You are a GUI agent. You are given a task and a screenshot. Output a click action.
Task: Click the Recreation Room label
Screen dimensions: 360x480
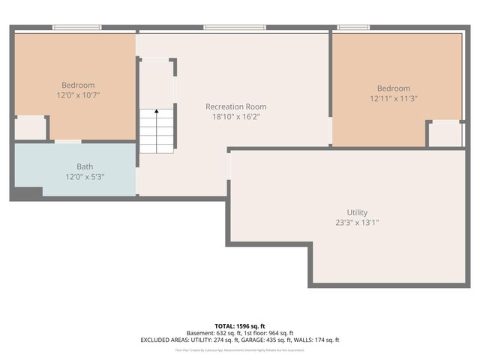pyautogui.click(x=235, y=106)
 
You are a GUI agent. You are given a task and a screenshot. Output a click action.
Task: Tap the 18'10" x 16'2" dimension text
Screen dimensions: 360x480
pyautogui.click(x=235, y=117)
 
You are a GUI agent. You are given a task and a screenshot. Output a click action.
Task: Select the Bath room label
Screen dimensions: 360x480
pyautogui.click(x=85, y=166)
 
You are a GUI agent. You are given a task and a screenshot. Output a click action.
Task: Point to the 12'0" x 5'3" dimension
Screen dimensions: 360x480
pyautogui.click(x=85, y=177)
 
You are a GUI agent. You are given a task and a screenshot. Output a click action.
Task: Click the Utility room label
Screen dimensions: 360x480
pyautogui.click(x=357, y=212)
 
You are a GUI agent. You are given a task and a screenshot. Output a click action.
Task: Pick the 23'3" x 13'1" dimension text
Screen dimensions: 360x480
pyautogui.click(x=357, y=223)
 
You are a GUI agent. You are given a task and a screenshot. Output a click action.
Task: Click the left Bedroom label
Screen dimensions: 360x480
pyautogui.click(x=78, y=85)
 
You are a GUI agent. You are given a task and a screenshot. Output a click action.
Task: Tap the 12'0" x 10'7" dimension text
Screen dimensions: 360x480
pyautogui.click(x=78, y=96)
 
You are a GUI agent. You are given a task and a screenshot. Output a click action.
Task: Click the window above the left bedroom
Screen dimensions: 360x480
pyautogui.click(x=76, y=28)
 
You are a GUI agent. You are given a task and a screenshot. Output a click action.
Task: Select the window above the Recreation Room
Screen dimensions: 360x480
pyautogui.click(x=235, y=28)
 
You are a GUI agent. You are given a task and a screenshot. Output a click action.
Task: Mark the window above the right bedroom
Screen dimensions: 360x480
pyautogui.click(x=352, y=28)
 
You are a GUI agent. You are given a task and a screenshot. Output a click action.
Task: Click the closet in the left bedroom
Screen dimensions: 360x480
pyautogui.click(x=30, y=128)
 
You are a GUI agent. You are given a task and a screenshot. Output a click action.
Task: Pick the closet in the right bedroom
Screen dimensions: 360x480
pyautogui.click(x=445, y=134)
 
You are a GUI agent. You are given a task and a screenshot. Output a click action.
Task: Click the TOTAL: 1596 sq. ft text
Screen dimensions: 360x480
pyautogui.click(x=240, y=325)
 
